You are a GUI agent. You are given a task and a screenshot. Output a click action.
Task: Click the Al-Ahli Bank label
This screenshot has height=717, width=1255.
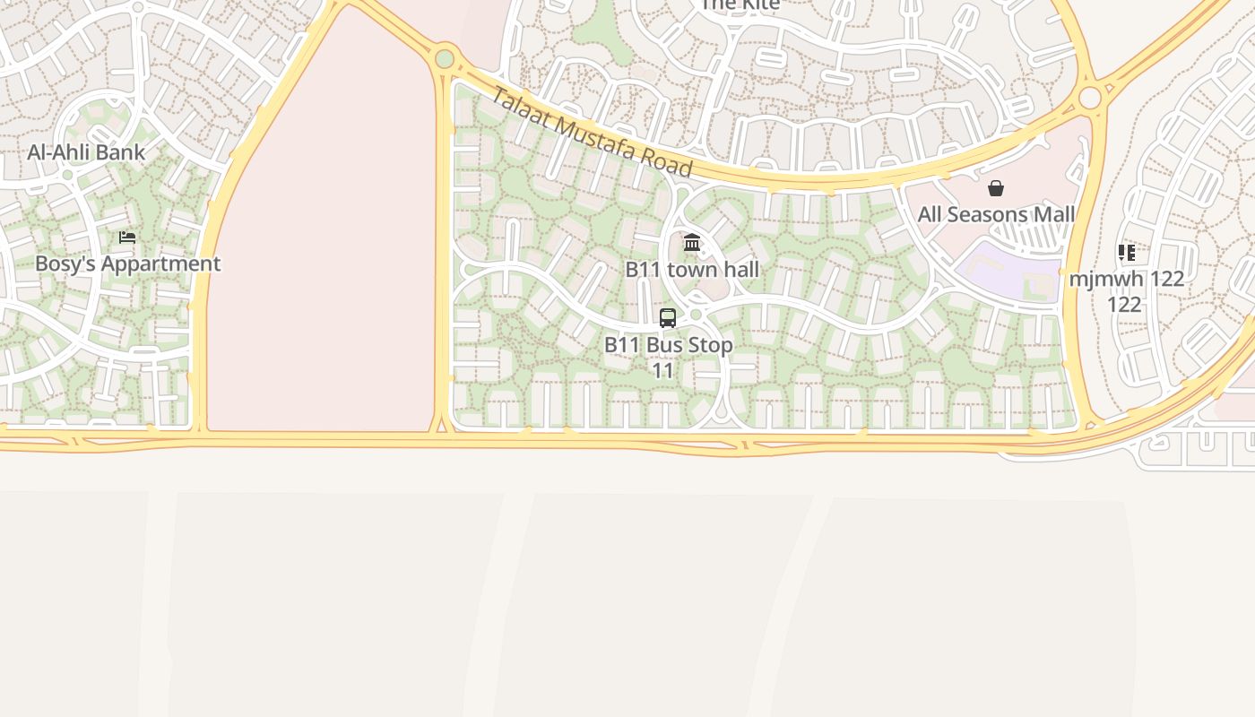coord(86,152)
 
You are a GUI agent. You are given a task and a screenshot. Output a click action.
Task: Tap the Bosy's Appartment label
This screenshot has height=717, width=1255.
coord(127,263)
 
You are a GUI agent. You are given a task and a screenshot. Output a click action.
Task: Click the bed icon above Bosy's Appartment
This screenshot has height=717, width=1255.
coord(127,238)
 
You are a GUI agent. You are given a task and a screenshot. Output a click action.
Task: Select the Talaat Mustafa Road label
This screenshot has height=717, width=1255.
coord(592,134)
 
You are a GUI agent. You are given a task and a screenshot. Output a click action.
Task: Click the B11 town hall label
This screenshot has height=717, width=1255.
coord(692,270)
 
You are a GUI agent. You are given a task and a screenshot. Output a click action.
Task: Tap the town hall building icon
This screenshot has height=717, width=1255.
coord(692,243)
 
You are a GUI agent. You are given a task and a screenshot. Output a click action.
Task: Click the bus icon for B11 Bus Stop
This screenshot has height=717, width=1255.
coord(668,318)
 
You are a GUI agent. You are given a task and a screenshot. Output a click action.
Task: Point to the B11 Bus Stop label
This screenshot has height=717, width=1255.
coord(668,345)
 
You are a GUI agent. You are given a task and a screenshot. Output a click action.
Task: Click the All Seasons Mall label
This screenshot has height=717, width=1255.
coord(996,215)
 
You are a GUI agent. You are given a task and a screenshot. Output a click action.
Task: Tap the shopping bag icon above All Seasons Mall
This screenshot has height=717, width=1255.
coord(995,188)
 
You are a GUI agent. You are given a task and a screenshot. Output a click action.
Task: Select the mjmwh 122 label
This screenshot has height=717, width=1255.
coord(1126,279)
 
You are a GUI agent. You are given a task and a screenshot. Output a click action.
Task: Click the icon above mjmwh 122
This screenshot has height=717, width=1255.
coord(1127,253)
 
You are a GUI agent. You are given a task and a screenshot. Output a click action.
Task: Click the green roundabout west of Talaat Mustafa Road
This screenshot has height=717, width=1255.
coord(444,60)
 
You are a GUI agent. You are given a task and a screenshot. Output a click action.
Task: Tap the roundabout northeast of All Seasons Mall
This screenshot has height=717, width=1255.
coord(1090,98)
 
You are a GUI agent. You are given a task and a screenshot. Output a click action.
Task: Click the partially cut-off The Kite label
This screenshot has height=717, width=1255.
coord(740,4)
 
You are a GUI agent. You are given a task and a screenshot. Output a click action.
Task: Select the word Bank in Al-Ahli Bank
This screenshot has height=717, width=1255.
coord(121,152)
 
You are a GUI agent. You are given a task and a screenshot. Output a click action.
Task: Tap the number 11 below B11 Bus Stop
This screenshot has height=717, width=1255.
coord(662,370)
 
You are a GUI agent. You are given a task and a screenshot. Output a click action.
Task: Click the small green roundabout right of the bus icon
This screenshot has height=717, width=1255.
coord(696,315)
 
